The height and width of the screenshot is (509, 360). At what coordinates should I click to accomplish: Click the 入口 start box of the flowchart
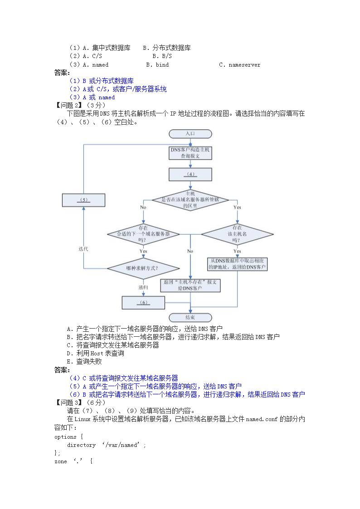[x=190, y=134]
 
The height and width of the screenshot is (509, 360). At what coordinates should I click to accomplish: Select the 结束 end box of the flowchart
[x=190, y=317]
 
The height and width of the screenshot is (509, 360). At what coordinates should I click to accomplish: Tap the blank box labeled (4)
[x=190, y=174]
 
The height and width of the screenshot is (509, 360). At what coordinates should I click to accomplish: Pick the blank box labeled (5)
[x=83, y=200]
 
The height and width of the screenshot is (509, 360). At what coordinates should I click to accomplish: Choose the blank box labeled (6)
[x=143, y=302]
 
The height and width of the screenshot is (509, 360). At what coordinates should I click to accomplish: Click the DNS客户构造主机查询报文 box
[x=190, y=152]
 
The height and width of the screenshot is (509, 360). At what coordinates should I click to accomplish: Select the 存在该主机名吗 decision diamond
[x=237, y=234]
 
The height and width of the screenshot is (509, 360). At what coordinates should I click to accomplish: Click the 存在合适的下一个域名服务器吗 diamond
[x=143, y=234]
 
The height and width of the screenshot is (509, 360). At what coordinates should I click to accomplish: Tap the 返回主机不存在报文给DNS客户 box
[x=190, y=285]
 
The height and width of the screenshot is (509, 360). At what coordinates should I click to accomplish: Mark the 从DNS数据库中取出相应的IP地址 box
[x=237, y=264]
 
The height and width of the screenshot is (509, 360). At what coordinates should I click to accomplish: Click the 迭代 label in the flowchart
[x=83, y=249]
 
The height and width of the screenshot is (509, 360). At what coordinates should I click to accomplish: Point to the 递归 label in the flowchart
[x=143, y=287]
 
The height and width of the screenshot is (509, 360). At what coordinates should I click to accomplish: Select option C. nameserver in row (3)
[x=239, y=65]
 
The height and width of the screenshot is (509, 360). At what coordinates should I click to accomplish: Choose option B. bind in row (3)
[x=157, y=65]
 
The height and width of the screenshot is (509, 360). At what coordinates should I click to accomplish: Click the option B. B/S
[x=162, y=56]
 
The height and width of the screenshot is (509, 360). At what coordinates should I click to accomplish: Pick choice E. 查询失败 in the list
[x=84, y=362]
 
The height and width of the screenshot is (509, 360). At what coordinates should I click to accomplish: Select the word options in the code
[x=65, y=437]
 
